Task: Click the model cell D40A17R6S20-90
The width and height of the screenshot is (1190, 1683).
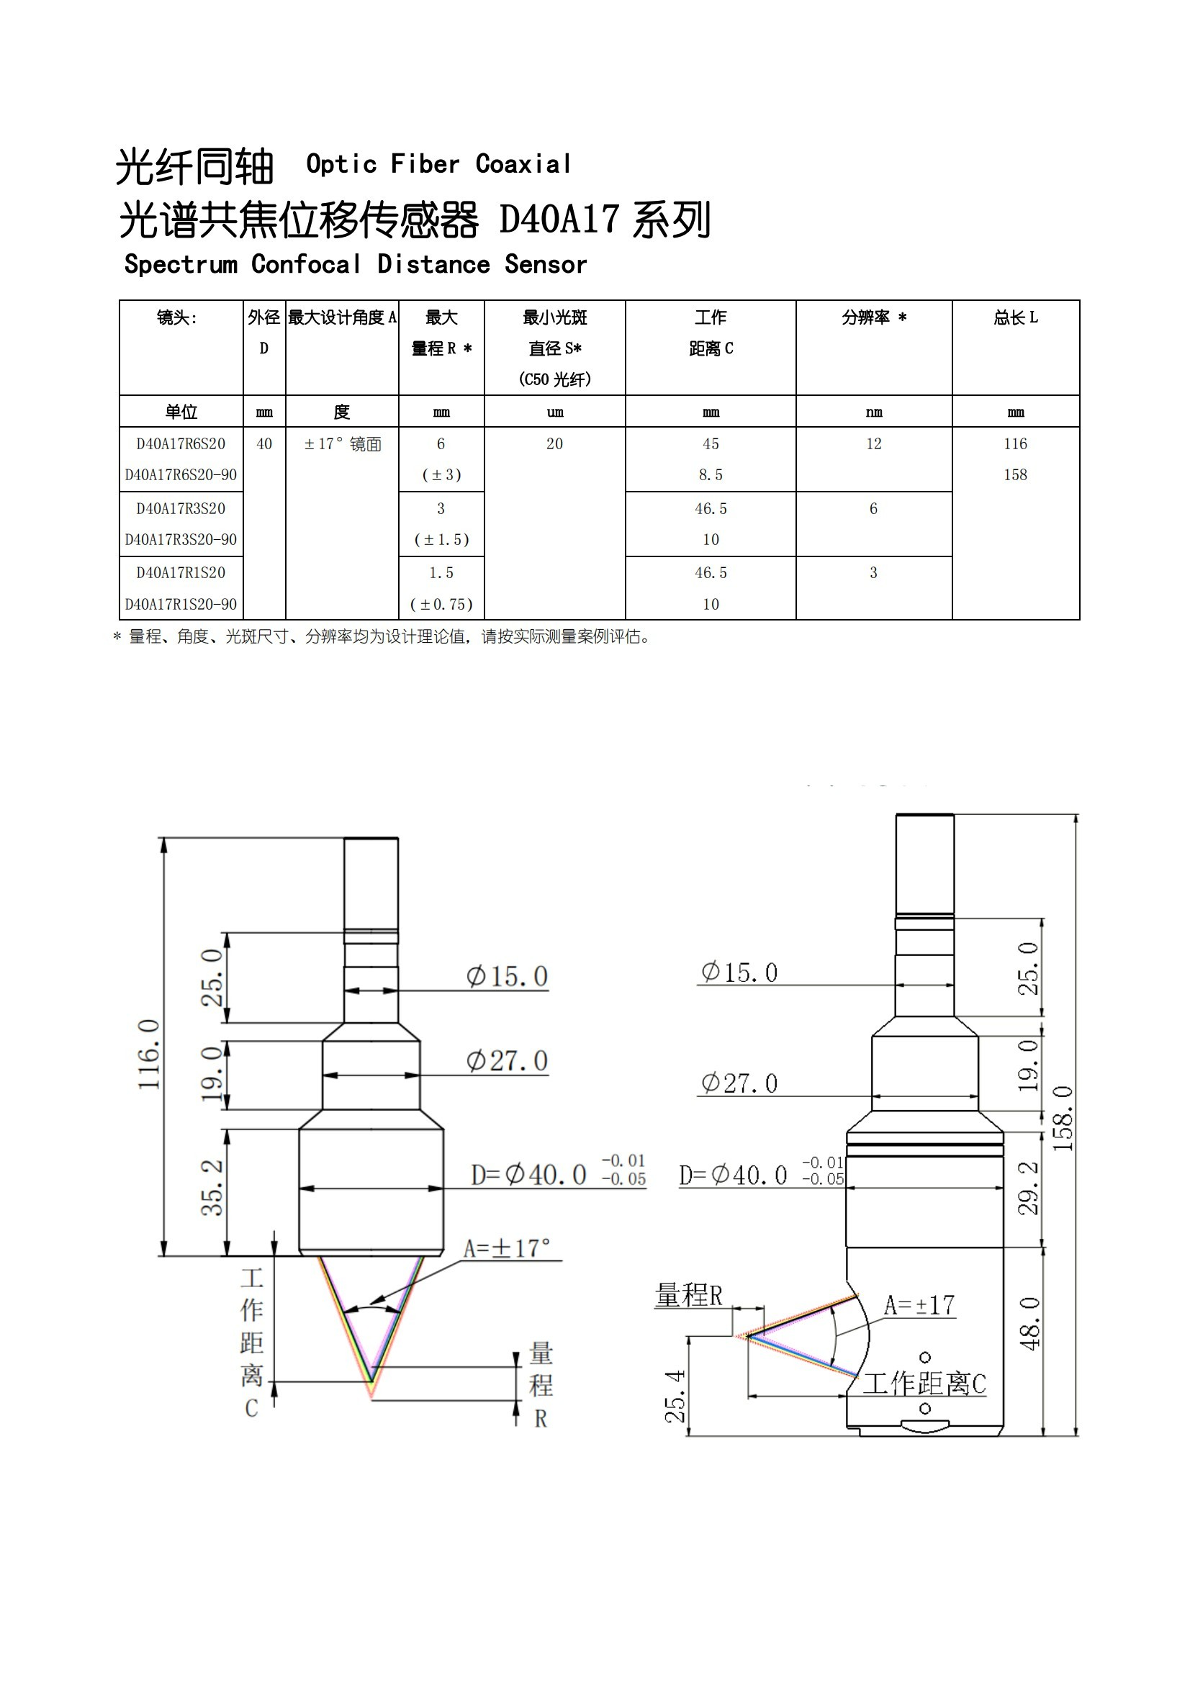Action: click(181, 475)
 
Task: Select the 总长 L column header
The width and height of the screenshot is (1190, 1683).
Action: click(1016, 317)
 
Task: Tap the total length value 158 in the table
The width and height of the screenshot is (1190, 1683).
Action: click(1016, 475)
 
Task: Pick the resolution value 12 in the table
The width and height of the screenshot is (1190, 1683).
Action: click(874, 443)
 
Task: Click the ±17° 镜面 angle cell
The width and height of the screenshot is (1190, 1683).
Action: click(343, 444)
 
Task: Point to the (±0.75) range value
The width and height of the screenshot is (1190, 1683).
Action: click(441, 604)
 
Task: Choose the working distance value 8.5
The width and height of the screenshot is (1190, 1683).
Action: click(711, 475)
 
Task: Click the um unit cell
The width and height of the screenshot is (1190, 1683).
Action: click(555, 412)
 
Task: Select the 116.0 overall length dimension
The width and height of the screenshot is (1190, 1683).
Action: click(150, 1054)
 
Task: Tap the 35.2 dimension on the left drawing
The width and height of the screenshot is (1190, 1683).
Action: click(212, 1188)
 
